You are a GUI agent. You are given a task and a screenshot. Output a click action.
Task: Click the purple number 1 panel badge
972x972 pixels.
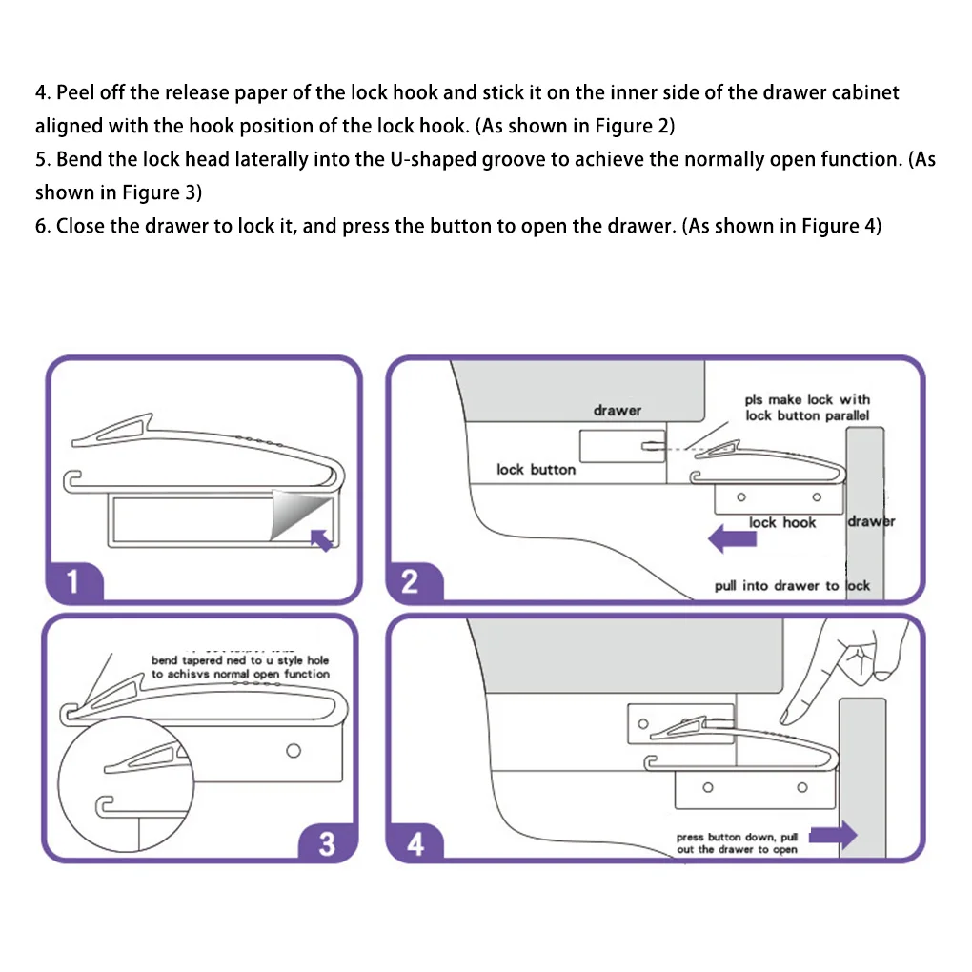pos(72,580)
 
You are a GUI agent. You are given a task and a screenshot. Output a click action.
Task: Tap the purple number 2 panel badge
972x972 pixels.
pos(410,580)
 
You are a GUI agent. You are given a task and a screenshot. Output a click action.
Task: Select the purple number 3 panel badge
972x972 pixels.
pos(327,842)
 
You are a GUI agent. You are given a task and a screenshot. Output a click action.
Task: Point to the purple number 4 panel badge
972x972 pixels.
pos(415,842)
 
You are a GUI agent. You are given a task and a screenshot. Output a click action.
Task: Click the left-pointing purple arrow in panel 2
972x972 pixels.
pos(731,540)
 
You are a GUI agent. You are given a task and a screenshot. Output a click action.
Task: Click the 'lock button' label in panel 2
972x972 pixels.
pos(536,469)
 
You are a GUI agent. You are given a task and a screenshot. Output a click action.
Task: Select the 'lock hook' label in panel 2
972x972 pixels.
pos(782,522)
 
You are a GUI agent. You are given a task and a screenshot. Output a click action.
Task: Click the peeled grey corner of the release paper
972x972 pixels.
pos(294,516)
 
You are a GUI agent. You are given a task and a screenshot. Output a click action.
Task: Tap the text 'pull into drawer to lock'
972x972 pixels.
pos(792,586)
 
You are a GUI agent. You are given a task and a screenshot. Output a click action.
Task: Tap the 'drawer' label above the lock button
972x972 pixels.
pos(618,410)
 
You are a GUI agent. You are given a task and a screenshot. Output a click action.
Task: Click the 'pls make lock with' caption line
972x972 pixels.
pos(807,400)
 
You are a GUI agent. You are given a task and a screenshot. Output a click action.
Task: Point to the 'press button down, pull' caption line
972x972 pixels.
pos(737,837)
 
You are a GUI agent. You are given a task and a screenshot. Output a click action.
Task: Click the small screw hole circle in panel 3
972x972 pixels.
pos(294,751)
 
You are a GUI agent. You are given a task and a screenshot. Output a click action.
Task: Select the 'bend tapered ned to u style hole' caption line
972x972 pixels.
pos(240,659)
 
